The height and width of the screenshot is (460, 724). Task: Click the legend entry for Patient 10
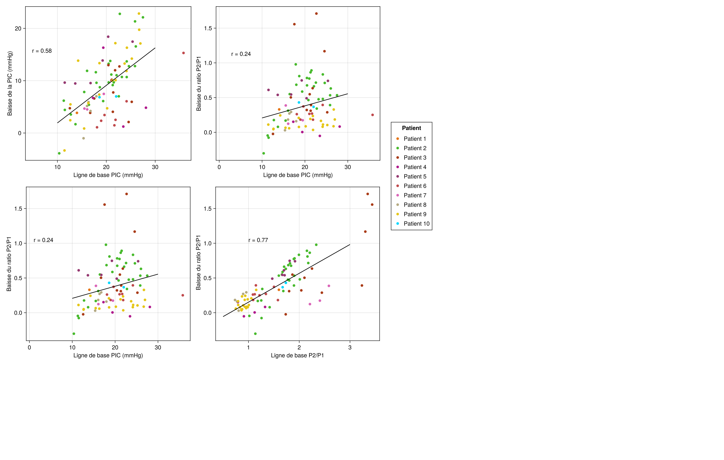[416, 224]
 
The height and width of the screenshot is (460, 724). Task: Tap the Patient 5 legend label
[415, 176]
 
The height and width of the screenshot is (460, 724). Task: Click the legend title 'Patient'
[411, 128]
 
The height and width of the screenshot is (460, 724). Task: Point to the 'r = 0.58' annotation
[42, 51]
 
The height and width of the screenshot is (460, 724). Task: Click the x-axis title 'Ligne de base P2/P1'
[297, 355]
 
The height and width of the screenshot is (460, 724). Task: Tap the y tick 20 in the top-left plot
[18, 28]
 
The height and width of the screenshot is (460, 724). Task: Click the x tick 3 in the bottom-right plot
[350, 347]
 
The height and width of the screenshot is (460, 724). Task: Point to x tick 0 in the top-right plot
[219, 167]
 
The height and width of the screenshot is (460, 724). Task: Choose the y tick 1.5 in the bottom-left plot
[18, 209]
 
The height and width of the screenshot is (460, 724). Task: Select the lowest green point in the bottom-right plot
[255, 334]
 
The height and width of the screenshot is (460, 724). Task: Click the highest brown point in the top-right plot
[316, 14]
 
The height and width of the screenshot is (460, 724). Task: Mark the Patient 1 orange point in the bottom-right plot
[279, 290]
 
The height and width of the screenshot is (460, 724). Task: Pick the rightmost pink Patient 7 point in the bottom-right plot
[329, 286]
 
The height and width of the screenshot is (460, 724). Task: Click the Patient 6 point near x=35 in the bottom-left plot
[182, 295]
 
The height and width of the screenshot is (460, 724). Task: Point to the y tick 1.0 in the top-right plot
[208, 63]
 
